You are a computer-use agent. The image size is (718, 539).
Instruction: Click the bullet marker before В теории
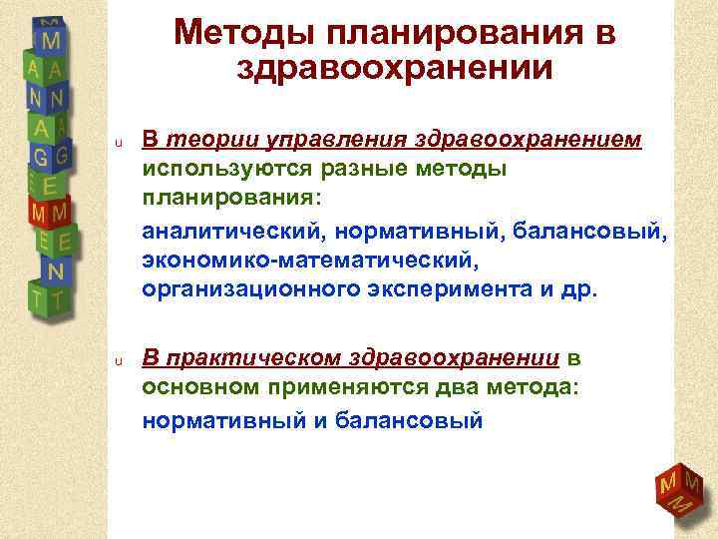pos(117,143)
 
